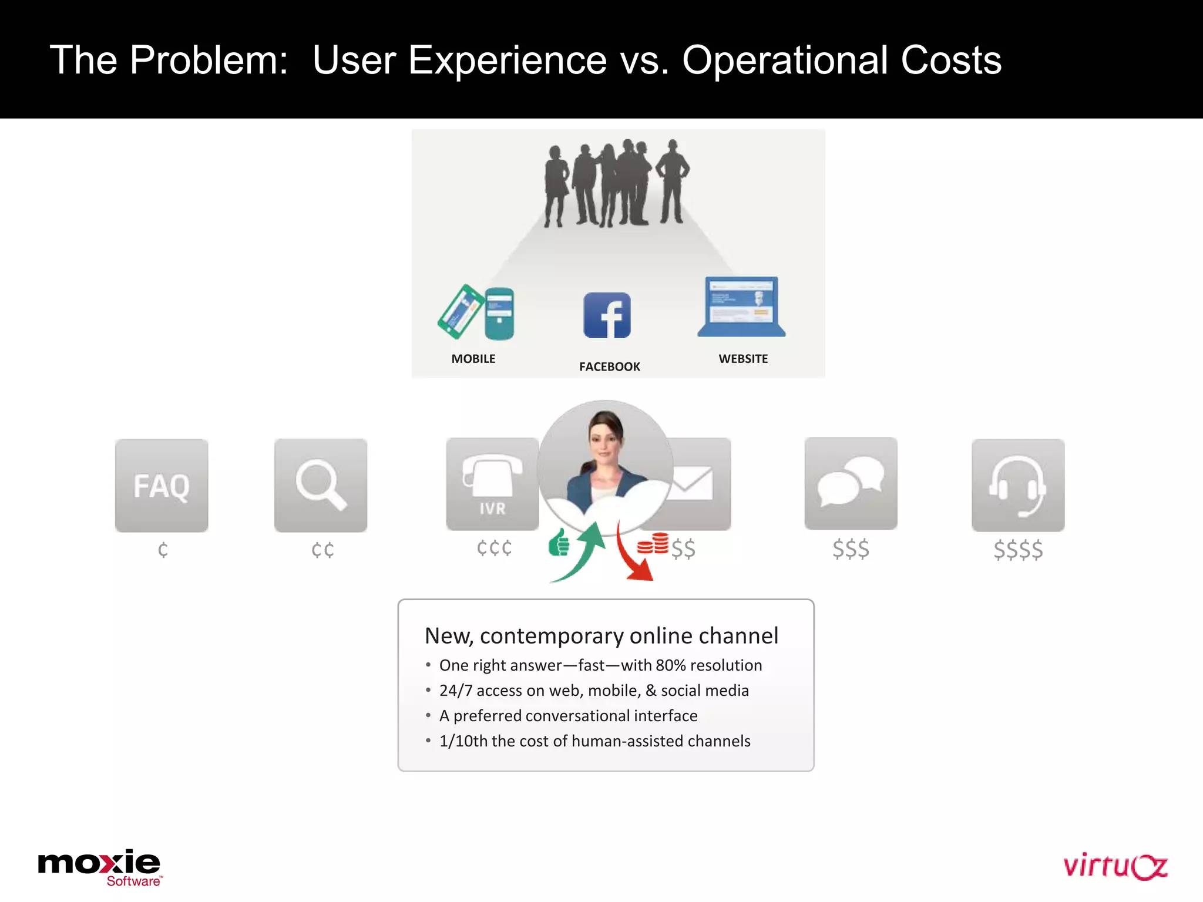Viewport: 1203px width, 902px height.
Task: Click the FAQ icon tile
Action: tap(162, 485)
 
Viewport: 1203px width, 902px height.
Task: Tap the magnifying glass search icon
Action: tap(321, 485)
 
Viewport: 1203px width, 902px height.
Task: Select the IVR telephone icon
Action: tap(492, 484)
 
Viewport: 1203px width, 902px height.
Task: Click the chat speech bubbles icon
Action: tap(851, 483)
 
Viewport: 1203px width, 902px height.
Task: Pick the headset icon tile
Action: tap(1018, 485)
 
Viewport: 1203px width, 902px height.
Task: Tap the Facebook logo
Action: tap(607, 315)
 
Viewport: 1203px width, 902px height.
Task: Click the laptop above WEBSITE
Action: tap(742, 307)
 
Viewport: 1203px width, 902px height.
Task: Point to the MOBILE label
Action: tap(473, 359)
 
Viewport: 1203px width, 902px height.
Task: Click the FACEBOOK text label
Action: tap(610, 367)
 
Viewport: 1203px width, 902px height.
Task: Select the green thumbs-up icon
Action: tap(559, 543)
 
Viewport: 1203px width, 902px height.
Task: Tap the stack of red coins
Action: tap(653, 544)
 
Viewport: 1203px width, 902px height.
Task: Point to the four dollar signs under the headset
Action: tap(1018, 550)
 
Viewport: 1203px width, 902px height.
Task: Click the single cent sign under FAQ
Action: tap(163, 550)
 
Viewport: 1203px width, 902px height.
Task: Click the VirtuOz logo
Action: tap(1115, 867)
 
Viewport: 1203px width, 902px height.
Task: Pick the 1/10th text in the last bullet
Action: tap(463, 741)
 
